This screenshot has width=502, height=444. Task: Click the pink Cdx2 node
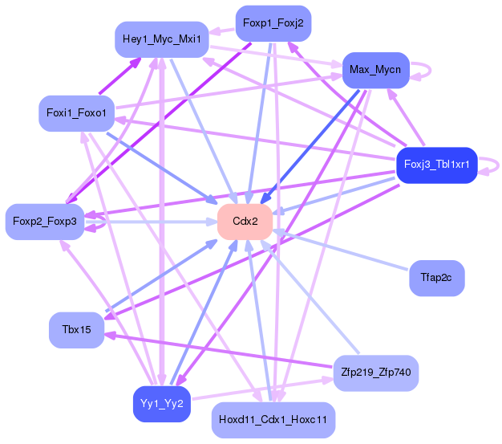(245, 222)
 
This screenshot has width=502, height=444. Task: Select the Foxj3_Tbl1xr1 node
(437, 165)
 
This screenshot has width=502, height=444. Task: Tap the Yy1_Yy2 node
(162, 404)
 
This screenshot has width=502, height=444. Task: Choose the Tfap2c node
(437, 278)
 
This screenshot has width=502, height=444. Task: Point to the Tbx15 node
(76, 330)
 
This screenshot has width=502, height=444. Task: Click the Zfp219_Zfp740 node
(376, 373)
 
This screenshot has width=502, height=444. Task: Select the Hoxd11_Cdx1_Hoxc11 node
(273, 420)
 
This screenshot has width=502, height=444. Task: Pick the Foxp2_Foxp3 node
(45, 222)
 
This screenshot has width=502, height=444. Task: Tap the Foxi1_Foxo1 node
(76, 113)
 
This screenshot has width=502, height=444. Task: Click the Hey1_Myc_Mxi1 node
(162, 39)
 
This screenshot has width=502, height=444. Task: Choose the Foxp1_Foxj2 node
(273, 23)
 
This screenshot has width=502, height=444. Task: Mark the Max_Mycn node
(376, 70)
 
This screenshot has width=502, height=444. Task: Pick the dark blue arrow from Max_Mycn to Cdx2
(310, 147)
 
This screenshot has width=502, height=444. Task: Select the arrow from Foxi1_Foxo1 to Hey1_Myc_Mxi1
(120, 76)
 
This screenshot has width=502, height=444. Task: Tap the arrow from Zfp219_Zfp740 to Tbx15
(218, 350)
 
